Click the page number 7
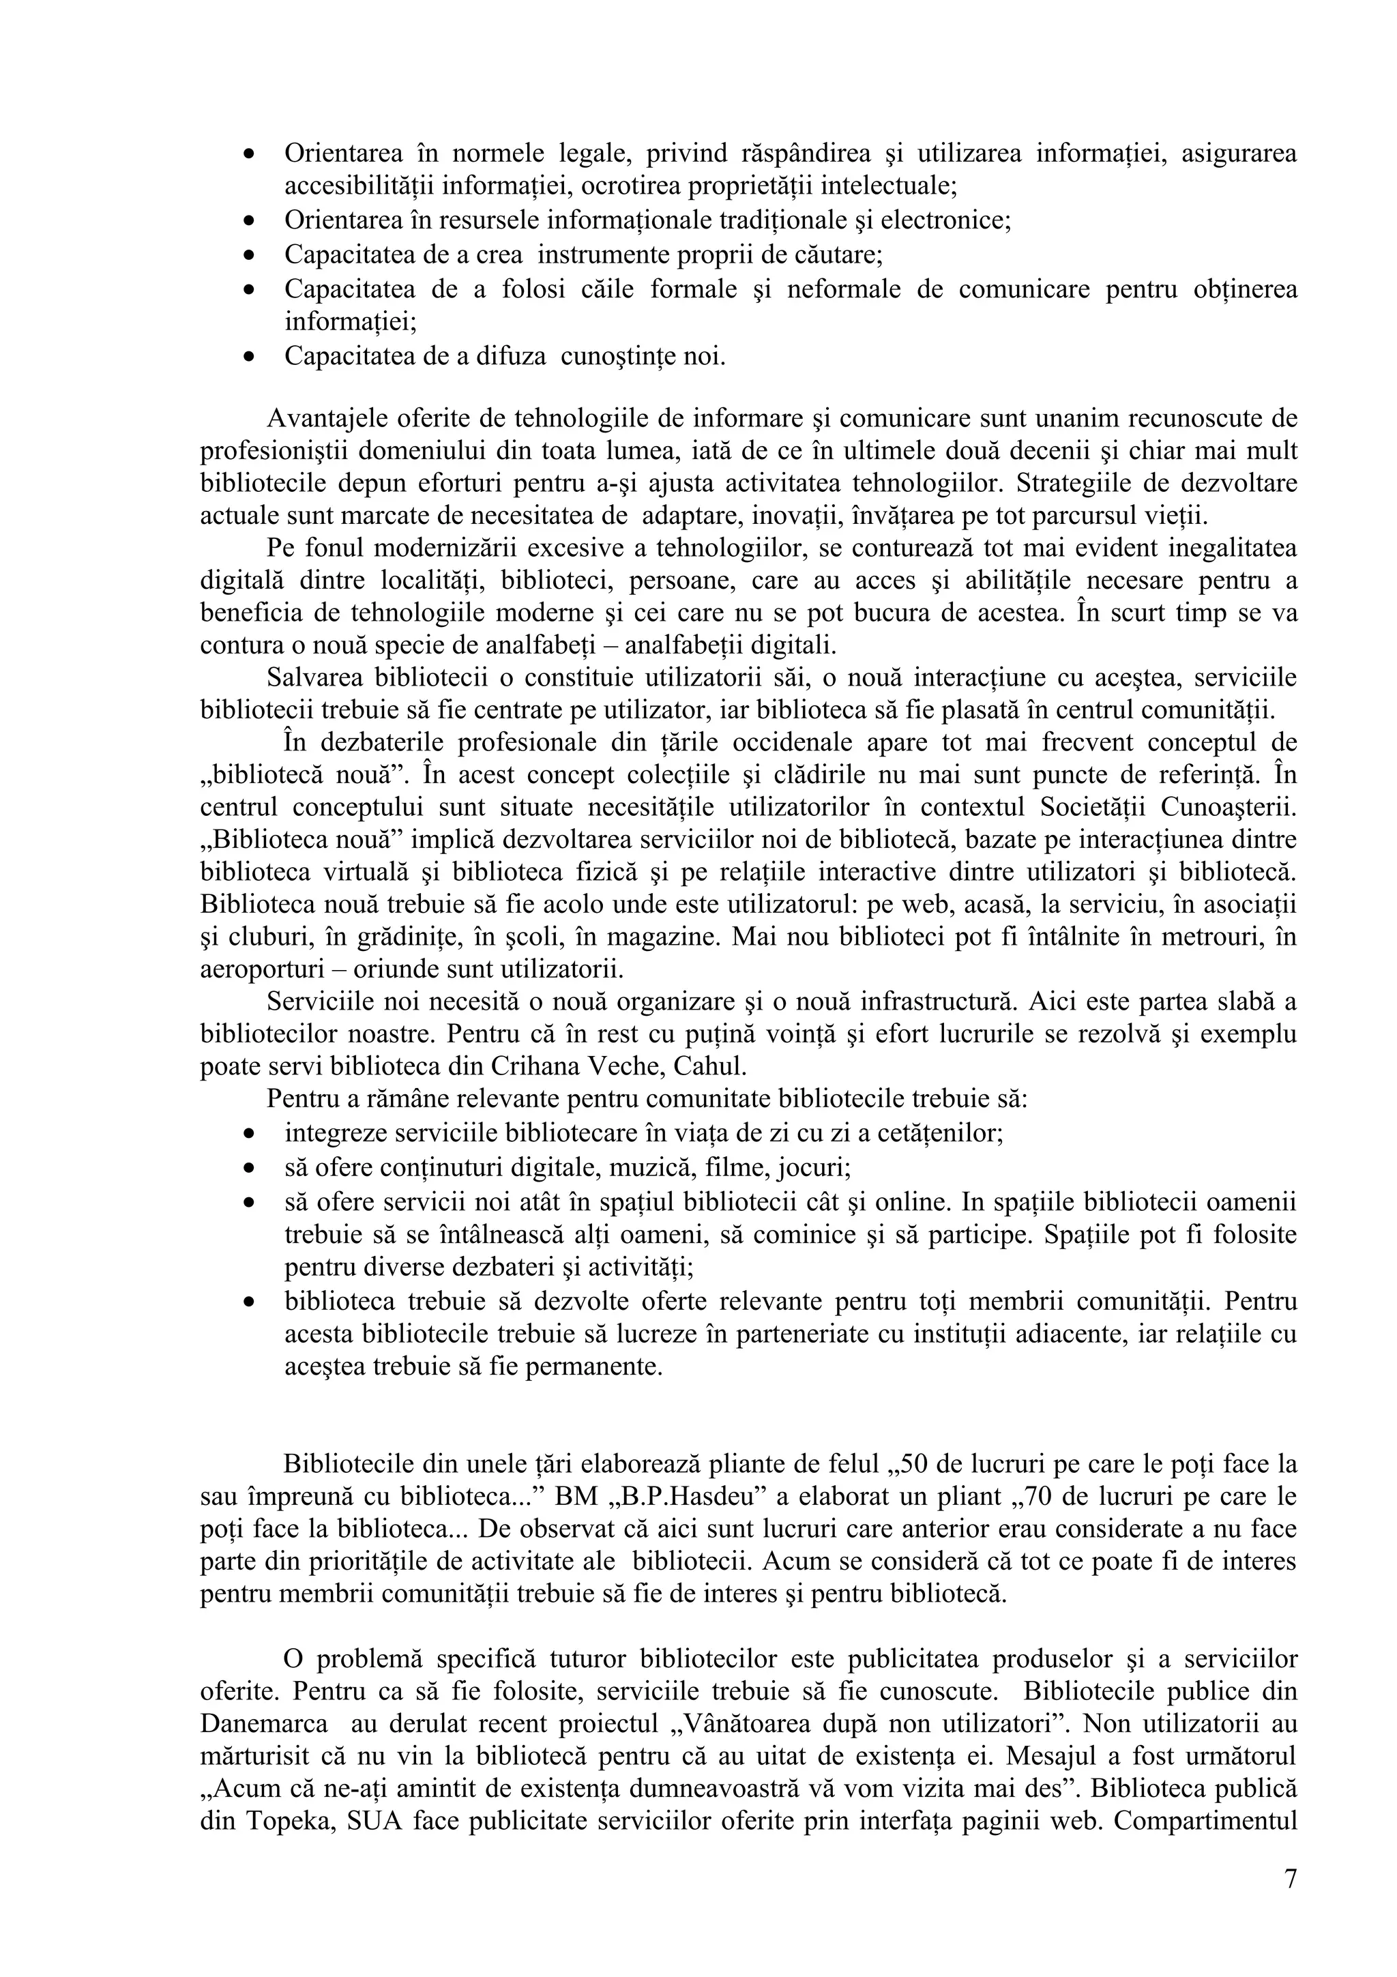tap(1289, 1879)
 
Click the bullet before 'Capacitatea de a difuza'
tap(249, 355)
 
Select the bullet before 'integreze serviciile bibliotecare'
tap(249, 1132)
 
